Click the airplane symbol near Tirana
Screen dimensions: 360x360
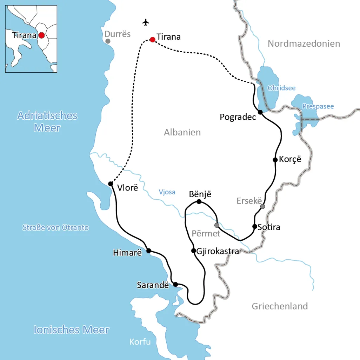146,22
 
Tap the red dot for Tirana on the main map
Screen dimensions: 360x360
153,39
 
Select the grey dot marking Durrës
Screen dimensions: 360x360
108,41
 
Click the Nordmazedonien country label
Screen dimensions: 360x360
304,44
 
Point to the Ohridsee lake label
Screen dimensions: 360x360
281,88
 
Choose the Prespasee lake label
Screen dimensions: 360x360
318,106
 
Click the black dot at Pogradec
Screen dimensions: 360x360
260,112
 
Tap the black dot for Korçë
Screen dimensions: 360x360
275,160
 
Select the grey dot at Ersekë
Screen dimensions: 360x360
262,206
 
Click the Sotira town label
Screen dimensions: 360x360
269,227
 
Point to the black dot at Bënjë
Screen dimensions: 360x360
199,201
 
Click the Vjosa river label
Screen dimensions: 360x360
167,192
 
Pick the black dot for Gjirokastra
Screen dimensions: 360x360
193,251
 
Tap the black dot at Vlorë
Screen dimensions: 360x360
111,184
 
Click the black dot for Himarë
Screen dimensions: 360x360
148,251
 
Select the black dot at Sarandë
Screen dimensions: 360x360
175,284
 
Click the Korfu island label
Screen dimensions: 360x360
140,341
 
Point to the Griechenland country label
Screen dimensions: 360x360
280,306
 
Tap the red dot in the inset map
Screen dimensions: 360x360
41,35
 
